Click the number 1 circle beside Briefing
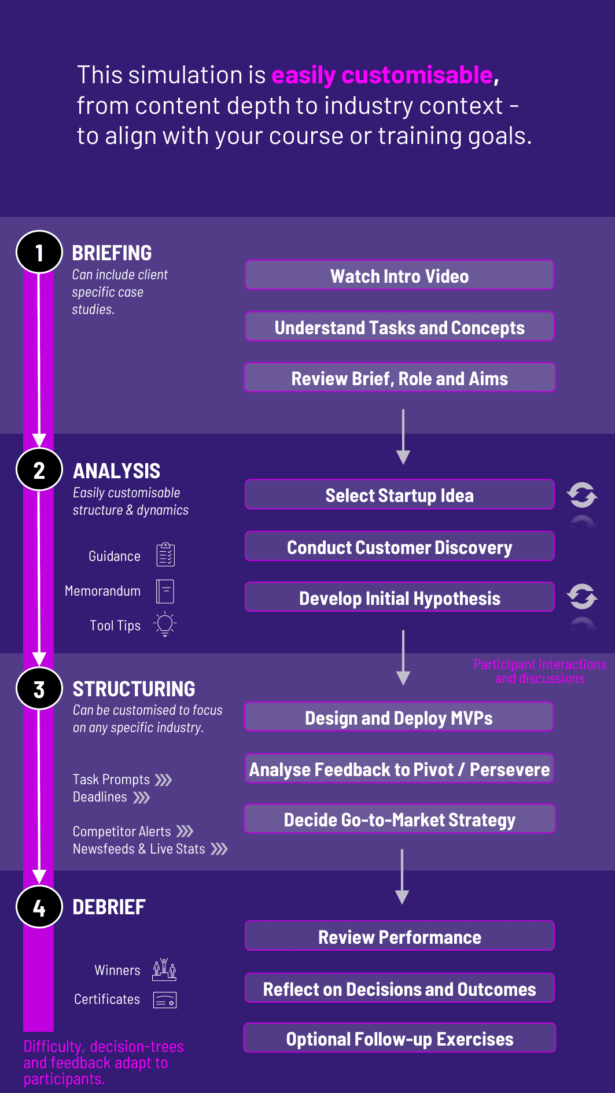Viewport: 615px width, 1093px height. pyautogui.click(x=39, y=252)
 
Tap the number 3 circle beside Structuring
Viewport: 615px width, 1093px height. pyautogui.click(x=39, y=689)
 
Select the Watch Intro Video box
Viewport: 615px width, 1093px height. pyautogui.click(x=400, y=275)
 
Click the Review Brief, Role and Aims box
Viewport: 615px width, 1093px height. pyautogui.click(x=400, y=378)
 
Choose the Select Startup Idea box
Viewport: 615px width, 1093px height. pyautogui.click(x=400, y=494)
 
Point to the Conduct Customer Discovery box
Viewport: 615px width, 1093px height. pyautogui.click(x=400, y=546)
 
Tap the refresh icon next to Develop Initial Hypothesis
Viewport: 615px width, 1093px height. pyautogui.click(x=582, y=596)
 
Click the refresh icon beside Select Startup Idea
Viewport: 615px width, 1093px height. pyautogui.click(x=582, y=495)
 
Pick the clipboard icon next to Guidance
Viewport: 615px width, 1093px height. pyautogui.click(x=165, y=555)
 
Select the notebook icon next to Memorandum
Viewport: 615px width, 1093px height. pyautogui.click(x=165, y=591)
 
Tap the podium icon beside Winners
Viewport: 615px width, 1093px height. pyautogui.click(x=164, y=969)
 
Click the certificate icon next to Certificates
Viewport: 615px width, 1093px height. pyautogui.click(x=165, y=1000)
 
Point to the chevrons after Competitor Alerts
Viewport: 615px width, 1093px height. pyautogui.click(x=185, y=832)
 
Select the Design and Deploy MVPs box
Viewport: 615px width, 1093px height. pyautogui.click(x=399, y=717)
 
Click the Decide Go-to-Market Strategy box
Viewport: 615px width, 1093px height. pyautogui.click(x=400, y=819)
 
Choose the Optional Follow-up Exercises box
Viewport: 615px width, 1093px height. pyautogui.click(x=400, y=1038)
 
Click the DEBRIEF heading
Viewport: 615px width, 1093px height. pyautogui.click(x=109, y=907)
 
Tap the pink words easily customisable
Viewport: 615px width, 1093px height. pyautogui.click(x=382, y=75)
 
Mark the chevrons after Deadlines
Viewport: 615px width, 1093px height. pyautogui.click(x=142, y=797)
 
